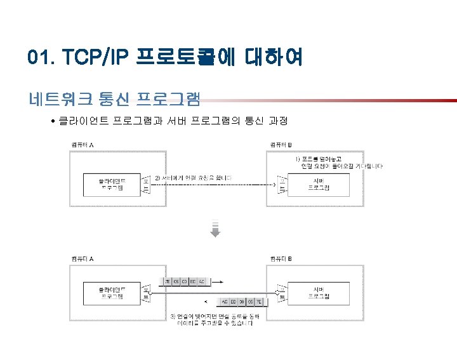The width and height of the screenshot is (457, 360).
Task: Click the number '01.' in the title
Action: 41,58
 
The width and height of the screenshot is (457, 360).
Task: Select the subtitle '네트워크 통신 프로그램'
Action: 114,98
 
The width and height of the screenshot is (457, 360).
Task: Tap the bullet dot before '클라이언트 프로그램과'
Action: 53,121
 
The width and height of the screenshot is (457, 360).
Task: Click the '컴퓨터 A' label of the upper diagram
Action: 82,145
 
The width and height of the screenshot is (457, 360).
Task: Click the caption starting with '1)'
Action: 339,161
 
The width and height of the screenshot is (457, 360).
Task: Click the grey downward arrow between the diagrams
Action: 215,229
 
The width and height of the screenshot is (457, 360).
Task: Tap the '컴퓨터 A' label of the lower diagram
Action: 82,259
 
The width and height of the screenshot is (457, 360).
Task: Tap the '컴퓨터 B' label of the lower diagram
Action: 281,259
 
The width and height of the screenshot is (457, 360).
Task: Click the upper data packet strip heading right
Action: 185,281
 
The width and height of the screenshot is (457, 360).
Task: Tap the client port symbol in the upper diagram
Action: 145,185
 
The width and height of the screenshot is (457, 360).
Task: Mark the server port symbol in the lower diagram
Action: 282,293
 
